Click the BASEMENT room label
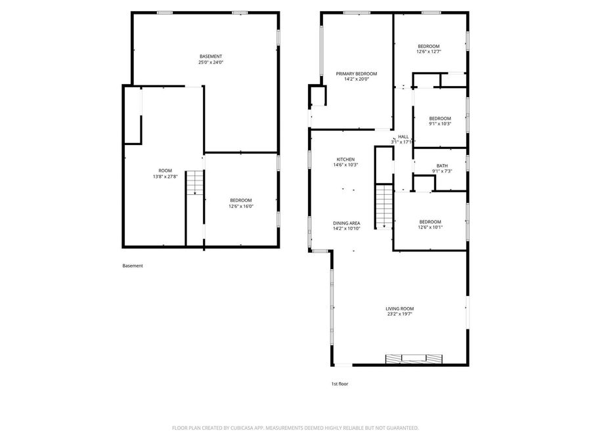pos(211,56)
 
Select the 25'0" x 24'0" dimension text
pos(211,62)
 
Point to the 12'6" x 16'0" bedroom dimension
pos(240,206)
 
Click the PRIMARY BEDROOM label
pos(357,74)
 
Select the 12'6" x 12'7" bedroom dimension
pos(429,52)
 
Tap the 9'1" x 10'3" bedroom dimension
pos(440,124)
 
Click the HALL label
pos(403,137)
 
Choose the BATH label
pos(442,165)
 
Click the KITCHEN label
pos(345,159)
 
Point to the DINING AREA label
pos(346,223)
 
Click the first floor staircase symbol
pos(383,206)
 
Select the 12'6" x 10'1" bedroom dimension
pos(430,228)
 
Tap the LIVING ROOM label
pos(399,308)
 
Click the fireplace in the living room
pos(414,358)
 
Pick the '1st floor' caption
pos(339,384)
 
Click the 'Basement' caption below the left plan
pos(132,266)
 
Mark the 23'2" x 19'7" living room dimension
pos(399,314)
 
